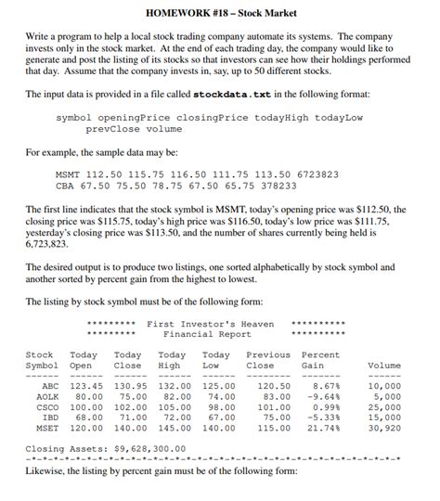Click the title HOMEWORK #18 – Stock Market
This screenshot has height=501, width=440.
(220, 12)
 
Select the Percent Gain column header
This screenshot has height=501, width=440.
(320, 360)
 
